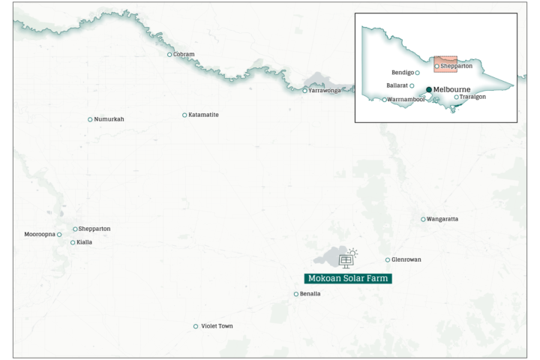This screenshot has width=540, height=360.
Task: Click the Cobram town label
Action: pos(184,54)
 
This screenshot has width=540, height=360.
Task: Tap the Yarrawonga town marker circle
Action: pos(304,91)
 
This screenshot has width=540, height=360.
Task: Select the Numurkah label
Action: pos(110,119)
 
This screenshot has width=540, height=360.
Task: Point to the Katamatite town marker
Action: pos(184,115)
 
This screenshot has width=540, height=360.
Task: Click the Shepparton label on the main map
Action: pos(94,229)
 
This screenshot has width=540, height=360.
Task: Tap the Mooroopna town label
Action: pos(40,235)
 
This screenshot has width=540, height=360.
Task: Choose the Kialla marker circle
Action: pos(73,242)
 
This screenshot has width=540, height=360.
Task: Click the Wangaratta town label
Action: pos(443,219)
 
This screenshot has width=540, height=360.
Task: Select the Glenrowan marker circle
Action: pos(388,259)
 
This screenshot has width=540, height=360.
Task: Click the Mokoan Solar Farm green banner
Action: pos(348,278)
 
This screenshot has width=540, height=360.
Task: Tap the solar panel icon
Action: pos(346,259)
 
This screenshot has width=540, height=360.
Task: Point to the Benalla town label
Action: pos(310,294)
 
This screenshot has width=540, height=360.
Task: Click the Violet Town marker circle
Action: pos(196,326)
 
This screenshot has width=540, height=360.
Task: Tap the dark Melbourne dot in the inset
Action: pos(429,89)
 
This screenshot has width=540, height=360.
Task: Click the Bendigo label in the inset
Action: pos(402,73)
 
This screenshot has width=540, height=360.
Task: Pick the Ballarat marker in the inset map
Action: pos(412,86)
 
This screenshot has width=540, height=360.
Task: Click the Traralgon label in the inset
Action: pos(473,97)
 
